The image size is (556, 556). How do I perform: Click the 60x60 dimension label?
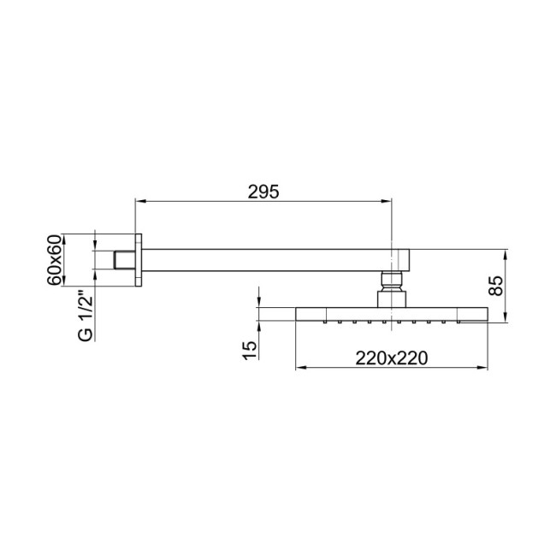coord(56,259)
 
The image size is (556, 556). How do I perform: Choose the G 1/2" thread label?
coord(85,316)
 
